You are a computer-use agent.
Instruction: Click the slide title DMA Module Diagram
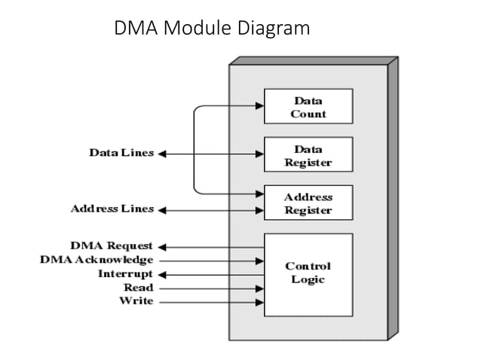tap(212, 29)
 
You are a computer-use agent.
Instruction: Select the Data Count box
tap(308, 106)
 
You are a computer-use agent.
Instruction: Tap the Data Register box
tap(308, 156)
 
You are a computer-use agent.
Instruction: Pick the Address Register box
tap(308, 203)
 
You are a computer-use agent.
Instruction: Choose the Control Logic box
tap(308, 274)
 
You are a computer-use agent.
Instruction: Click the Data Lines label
tap(121, 153)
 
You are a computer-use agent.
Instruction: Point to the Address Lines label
tap(112, 209)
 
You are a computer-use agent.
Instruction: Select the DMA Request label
tap(111, 246)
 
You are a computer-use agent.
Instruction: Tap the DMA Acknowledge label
tap(97, 260)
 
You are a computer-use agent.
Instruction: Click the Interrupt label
tap(125, 273)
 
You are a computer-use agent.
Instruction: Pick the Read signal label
tap(138, 287)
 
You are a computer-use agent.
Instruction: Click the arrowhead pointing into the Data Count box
tap(259, 106)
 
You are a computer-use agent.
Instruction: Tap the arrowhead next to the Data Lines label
tap(162, 154)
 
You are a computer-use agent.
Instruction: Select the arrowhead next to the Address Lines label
tap(162, 209)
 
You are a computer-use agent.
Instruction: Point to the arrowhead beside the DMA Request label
tap(162, 246)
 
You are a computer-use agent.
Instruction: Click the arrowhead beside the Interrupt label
tap(162, 274)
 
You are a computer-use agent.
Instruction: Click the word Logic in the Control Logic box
tap(308, 280)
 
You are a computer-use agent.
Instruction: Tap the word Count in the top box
tap(308, 114)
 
